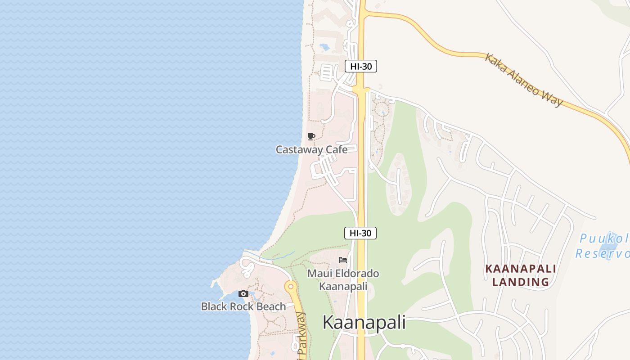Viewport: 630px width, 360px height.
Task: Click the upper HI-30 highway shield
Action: pyautogui.click(x=360, y=66)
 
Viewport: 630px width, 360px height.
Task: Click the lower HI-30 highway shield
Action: pyautogui.click(x=360, y=233)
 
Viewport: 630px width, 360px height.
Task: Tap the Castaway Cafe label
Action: pyautogui.click(x=311, y=149)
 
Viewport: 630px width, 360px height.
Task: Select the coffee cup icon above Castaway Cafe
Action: pyautogui.click(x=311, y=136)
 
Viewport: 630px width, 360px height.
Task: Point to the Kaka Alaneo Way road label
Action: pyautogui.click(x=523, y=80)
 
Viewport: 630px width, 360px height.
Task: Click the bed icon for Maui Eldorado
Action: pyautogui.click(x=343, y=260)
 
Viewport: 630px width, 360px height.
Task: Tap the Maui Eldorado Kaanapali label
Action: pyautogui.click(x=343, y=279)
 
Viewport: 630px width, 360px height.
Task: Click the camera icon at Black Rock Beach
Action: pyautogui.click(x=243, y=294)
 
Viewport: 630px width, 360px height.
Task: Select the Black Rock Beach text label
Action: pyautogui.click(x=243, y=306)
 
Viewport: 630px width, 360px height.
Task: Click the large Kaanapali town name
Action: pyautogui.click(x=364, y=322)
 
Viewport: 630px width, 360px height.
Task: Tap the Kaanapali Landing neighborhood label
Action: pyautogui.click(x=521, y=275)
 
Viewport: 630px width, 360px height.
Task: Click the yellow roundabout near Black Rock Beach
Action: pyautogui.click(x=291, y=286)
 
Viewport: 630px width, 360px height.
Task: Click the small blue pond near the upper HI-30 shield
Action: pyautogui.click(x=324, y=46)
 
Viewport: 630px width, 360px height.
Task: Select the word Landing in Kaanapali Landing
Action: pyautogui.click(x=521, y=282)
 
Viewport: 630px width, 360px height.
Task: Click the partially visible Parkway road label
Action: pyautogui.click(x=301, y=337)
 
